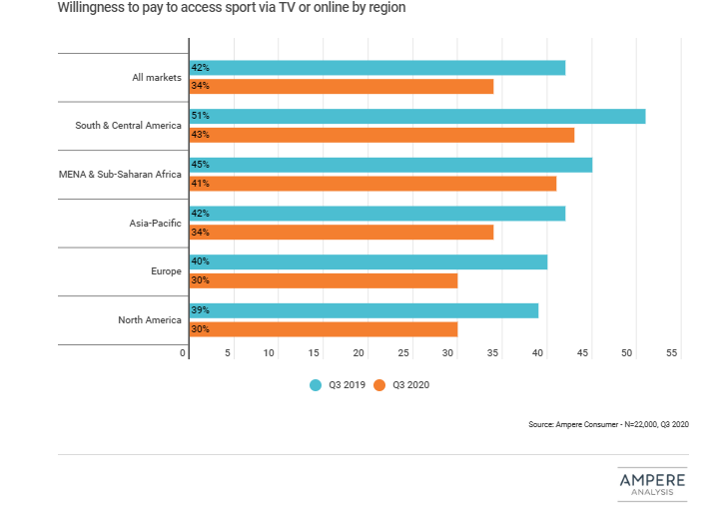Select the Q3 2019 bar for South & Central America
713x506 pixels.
pyautogui.click(x=417, y=116)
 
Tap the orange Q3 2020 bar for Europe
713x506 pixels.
pyautogui.click(x=324, y=280)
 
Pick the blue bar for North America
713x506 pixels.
pyautogui.click(x=363, y=310)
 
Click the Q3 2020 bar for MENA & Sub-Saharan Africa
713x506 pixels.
pyautogui.click(x=372, y=184)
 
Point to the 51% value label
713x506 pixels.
pyautogui.click(x=201, y=116)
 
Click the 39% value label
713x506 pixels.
pyautogui.click(x=201, y=310)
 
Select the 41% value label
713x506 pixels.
pyautogui.click(x=201, y=184)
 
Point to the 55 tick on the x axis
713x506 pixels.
pyautogui.click(x=672, y=353)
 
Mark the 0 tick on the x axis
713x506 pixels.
pyautogui.click(x=184, y=353)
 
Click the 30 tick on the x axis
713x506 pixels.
pyautogui.click(x=449, y=353)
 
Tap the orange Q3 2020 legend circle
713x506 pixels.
pyautogui.click(x=379, y=384)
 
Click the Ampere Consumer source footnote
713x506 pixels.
pyautogui.click(x=608, y=424)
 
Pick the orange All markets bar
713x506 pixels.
pyautogui.click(x=342, y=87)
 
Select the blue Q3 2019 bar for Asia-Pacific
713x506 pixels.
pyautogui.click(x=377, y=213)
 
